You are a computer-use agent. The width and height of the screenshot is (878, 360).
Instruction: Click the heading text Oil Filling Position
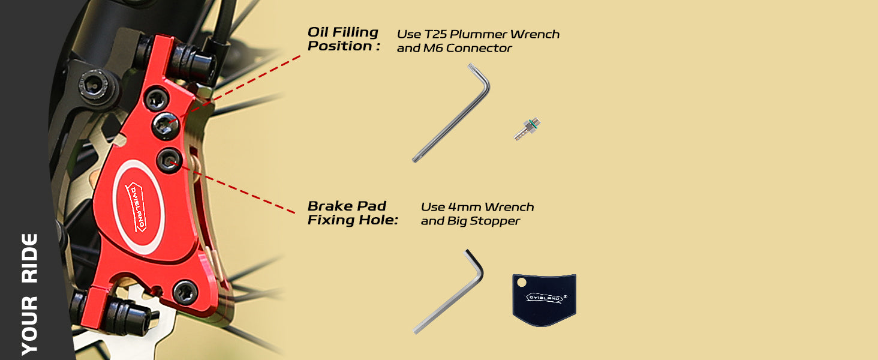343,39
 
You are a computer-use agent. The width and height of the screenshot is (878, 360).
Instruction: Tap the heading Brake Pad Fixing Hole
353,213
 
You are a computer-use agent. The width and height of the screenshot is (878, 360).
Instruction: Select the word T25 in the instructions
445,34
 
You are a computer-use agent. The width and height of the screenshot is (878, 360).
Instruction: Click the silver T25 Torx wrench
451,114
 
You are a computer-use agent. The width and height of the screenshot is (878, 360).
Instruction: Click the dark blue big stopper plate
544,300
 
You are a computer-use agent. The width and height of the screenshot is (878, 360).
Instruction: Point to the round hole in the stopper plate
521,281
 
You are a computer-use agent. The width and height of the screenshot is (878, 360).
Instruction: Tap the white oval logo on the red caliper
138,206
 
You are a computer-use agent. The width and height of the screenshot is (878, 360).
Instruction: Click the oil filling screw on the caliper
164,124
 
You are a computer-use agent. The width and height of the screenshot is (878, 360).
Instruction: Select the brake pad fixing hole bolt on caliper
169,161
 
